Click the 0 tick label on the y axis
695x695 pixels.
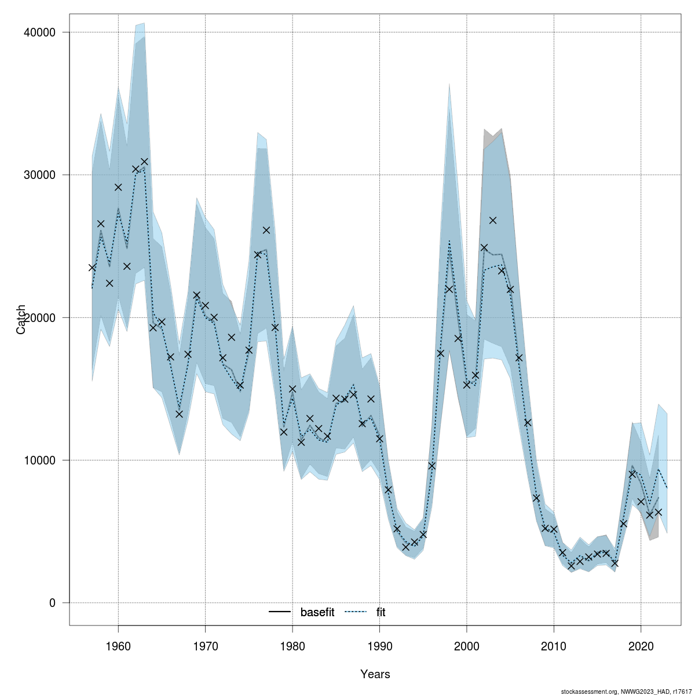tap(52, 603)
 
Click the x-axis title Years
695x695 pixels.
tap(375, 674)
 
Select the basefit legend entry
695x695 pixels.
tap(317, 612)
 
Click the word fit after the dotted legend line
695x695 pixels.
tap(381, 612)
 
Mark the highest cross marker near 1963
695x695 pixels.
tap(144, 162)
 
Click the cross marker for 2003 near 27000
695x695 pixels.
tap(493, 220)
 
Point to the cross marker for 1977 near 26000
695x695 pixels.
tap(266, 230)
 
